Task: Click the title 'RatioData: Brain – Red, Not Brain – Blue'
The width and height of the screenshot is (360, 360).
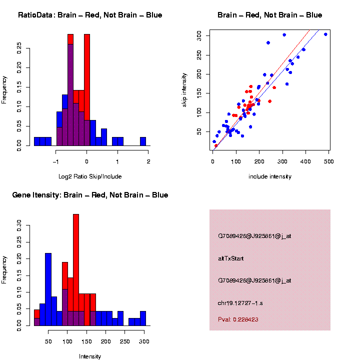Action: point(90,15)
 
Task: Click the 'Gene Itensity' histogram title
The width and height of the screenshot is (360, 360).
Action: point(90,195)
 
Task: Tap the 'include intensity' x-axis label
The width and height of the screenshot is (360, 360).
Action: point(269,176)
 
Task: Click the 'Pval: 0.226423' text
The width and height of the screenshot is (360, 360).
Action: point(238,319)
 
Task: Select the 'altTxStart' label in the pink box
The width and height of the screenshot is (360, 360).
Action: point(230,258)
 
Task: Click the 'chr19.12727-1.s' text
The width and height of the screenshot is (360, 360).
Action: point(240,303)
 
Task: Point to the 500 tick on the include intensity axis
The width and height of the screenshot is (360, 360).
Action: point(329,161)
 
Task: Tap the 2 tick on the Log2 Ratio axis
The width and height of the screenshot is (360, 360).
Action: point(148,161)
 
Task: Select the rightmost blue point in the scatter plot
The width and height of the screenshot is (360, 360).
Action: point(325,34)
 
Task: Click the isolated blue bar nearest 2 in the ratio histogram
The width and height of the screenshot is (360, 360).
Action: point(142,141)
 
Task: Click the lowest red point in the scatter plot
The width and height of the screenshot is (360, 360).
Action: point(216,145)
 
